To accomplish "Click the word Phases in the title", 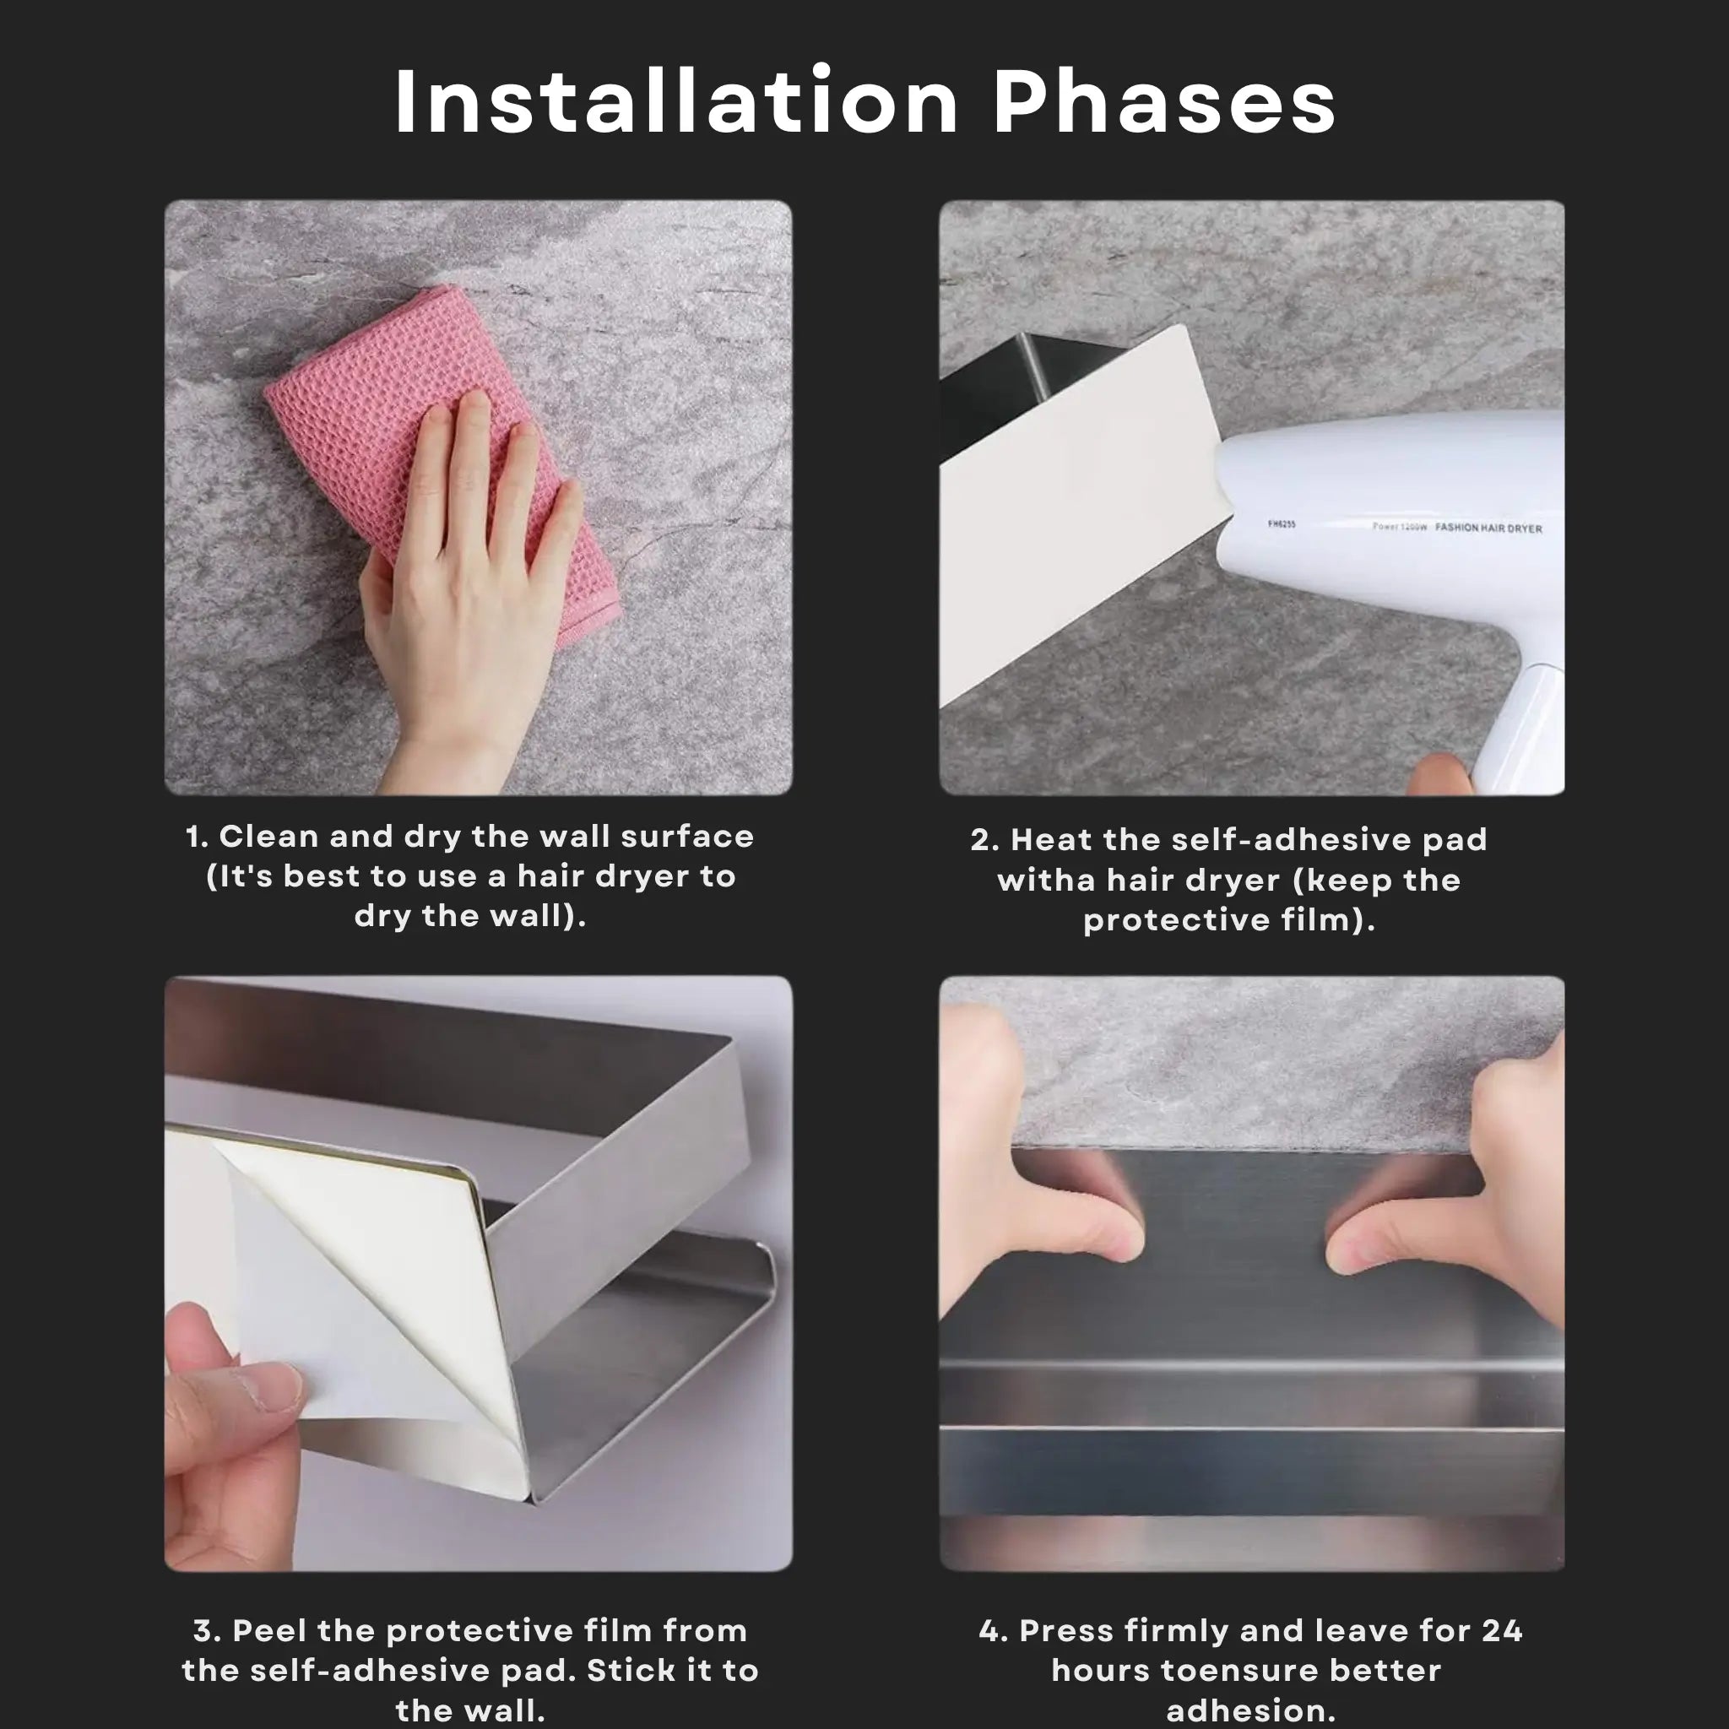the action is click(1164, 101).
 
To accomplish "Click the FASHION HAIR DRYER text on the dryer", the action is click(1488, 528).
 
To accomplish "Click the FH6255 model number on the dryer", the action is click(1282, 523).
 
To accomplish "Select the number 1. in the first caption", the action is click(197, 837).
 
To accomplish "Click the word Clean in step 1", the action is click(268, 837).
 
